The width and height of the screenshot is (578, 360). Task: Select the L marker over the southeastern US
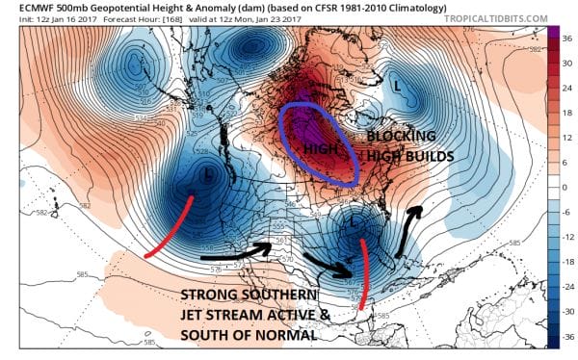coord(355,222)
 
